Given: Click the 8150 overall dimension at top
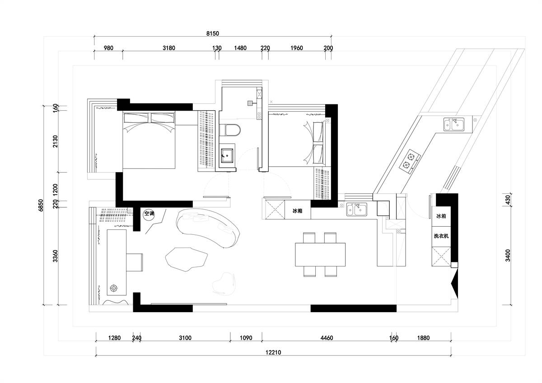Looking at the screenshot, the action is coord(212,33).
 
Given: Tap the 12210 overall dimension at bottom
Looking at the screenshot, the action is coord(273,352).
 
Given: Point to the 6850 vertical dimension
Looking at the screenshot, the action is coord(40,205).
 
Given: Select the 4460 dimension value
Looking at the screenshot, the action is coord(327,338).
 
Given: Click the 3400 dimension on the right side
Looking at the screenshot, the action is coord(508,256).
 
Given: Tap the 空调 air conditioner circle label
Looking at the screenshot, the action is coord(149,214).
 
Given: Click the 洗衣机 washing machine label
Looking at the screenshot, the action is coord(441,236).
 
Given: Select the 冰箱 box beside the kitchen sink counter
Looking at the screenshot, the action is coord(298,210).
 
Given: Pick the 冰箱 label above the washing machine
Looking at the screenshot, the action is coord(441,216).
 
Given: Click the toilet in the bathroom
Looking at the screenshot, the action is coord(229,130).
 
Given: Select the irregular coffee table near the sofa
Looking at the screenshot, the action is coord(187,259).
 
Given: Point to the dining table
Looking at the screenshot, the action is coord(320,255).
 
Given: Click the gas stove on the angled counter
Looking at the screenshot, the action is coord(410,161).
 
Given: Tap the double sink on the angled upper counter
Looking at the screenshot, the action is coord(453,124).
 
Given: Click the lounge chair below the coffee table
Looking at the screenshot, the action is coord(224,284).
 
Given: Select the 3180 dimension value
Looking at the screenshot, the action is coord(168,48).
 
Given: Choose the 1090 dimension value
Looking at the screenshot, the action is coord(246,338).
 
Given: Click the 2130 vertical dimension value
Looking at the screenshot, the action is coord(56,141).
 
